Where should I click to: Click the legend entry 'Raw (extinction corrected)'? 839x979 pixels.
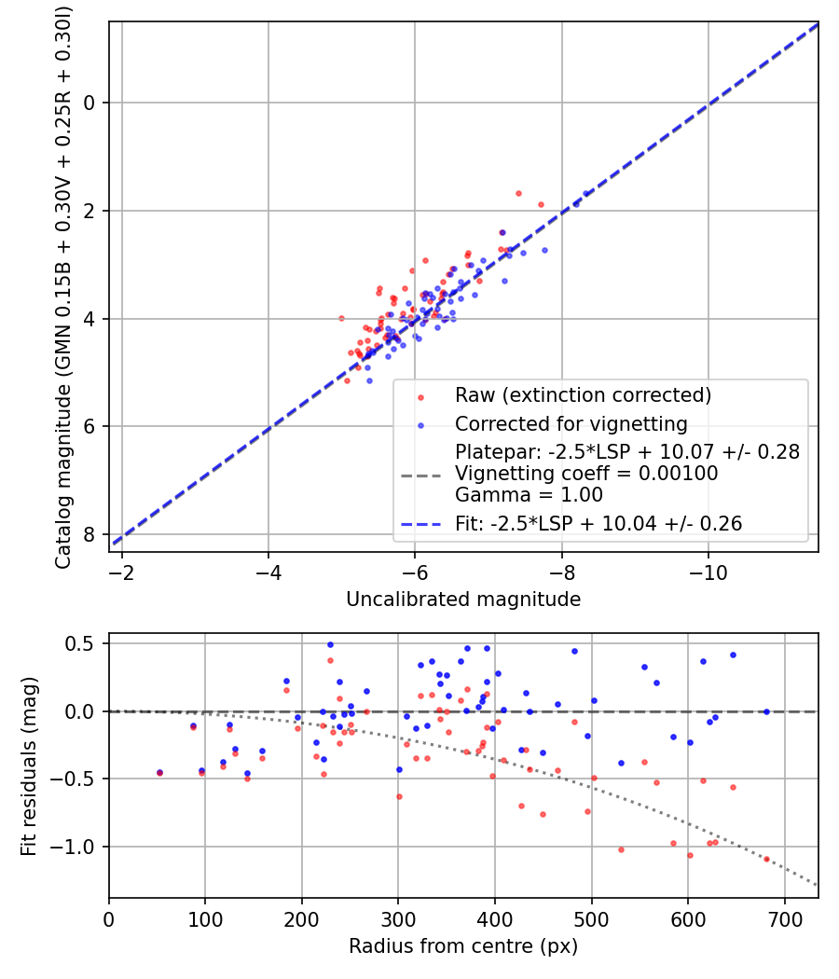pyautogui.click(x=583, y=395)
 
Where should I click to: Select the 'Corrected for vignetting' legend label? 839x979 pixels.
pyautogui.click(x=571, y=424)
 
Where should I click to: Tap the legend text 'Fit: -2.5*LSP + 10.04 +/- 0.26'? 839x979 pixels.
pyautogui.click(x=598, y=524)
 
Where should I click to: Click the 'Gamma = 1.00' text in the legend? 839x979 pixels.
pyautogui.click(x=529, y=494)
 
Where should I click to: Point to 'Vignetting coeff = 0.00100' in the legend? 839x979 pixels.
pyautogui.click(x=586, y=474)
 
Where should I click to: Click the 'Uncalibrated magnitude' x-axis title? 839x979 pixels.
pyautogui.click(x=463, y=600)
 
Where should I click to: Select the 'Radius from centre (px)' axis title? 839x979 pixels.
pyautogui.click(x=463, y=946)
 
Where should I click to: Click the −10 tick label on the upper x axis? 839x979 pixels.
pyautogui.click(x=708, y=571)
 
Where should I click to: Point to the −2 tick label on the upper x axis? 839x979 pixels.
pyautogui.click(x=122, y=571)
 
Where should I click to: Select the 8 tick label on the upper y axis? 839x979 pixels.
pyautogui.click(x=89, y=534)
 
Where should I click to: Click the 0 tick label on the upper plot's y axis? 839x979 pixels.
pyautogui.click(x=89, y=103)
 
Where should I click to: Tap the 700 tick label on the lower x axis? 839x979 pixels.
pyautogui.click(x=784, y=917)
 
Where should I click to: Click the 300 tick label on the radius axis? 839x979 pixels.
pyautogui.click(x=398, y=917)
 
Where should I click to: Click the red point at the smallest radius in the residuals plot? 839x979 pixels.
pyautogui.click(x=159, y=773)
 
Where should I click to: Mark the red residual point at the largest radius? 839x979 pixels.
pyautogui.click(x=767, y=859)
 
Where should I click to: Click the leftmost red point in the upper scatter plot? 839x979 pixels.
pyautogui.click(x=341, y=318)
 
